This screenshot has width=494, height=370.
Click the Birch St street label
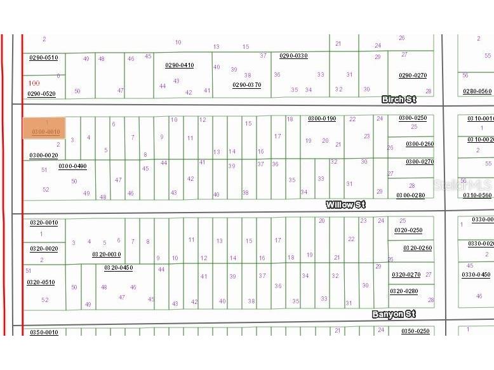click(399, 100)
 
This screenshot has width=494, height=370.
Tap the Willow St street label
click(345, 205)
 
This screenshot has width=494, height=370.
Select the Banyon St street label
click(394, 314)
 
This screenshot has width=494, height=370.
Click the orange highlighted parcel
click(44, 127)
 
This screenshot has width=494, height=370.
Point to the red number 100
click(34, 83)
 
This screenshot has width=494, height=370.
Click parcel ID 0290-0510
click(43, 58)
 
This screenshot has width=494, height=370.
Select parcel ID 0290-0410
click(179, 65)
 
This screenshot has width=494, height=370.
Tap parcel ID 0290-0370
click(246, 84)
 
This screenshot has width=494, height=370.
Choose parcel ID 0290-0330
click(293, 56)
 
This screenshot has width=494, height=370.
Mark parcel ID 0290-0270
click(413, 76)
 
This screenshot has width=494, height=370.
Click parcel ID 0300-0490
click(72, 166)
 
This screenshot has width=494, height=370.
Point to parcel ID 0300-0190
click(322, 119)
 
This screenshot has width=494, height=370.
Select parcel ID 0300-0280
click(410, 195)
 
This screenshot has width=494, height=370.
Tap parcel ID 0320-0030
click(106, 254)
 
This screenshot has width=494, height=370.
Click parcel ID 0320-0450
click(118, 268)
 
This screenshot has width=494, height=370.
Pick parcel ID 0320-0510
click(41, 282)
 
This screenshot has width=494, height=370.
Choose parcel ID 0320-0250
click(408, 230)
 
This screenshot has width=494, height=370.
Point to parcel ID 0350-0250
click(415, 331)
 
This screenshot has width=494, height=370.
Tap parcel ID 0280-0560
click(477, 91)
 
